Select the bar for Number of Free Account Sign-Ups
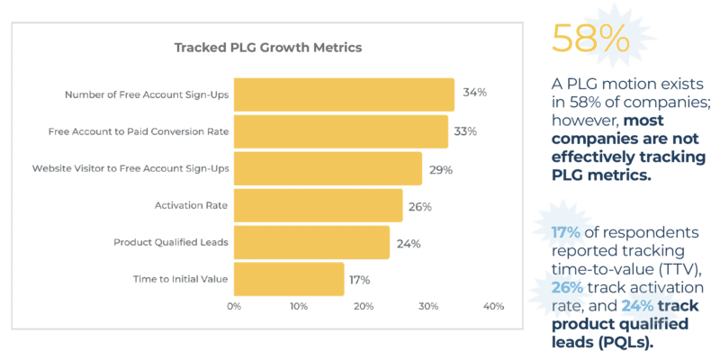click(x=344, y=94)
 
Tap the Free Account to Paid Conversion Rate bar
click(x=341, y=131)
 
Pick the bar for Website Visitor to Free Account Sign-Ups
click(x=328, y=168)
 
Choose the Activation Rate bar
click(x=318, y=206)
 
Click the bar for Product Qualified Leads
click(x=311, y=242)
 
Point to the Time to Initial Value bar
click(x=289, y=279)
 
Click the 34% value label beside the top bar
click(x=474, y=93)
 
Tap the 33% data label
click(x=465, y=131)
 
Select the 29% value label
click(x=440, y=169)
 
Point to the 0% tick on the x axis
click(x=234, y=307)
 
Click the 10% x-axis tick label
click(x=299, y=307)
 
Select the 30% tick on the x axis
click(x=428, y=307)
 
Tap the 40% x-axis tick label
click(x=493, y=307)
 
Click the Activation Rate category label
click(x=192, y=206)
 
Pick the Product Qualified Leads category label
click(x=171, y=242)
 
